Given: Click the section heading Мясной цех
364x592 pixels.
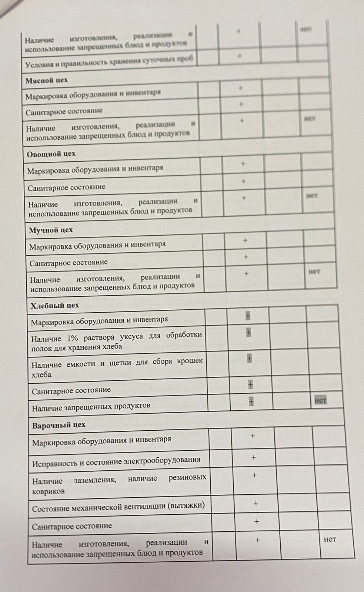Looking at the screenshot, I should [46, 80].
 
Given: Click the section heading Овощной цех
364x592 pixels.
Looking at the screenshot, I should [51, 154].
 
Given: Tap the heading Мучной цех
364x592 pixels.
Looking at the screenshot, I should [51, 230].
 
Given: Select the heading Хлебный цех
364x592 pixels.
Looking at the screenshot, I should [54, 306].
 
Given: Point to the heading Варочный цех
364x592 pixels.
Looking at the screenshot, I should [59, 425].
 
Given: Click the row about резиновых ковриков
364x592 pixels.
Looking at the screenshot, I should [119, 485].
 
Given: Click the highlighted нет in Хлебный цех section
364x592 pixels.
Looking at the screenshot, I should [320, 400].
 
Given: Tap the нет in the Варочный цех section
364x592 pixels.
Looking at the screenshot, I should [330, 539].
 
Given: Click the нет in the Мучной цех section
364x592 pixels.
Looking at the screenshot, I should [314, 272].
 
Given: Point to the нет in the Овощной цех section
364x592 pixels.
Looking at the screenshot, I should [312, 195].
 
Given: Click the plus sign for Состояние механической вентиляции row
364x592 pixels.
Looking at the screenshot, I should [256, 504].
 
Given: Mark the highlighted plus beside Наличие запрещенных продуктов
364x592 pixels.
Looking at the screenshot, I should [251, 401].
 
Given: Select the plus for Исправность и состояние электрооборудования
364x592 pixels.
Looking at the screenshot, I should [254, 458].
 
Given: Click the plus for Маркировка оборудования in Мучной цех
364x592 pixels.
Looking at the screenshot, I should [245, 241].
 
